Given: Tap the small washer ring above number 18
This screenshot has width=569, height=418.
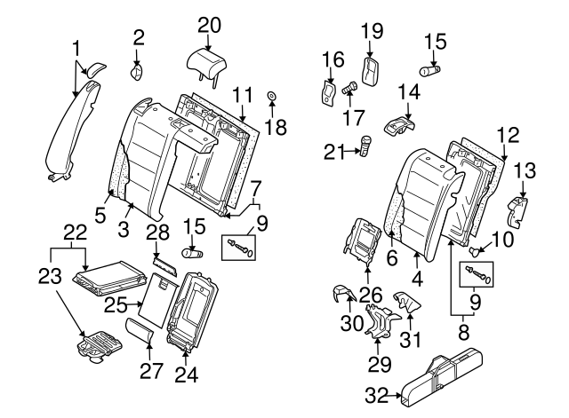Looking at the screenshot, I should point(273,94).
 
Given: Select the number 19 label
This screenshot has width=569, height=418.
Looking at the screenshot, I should point(371,32).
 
